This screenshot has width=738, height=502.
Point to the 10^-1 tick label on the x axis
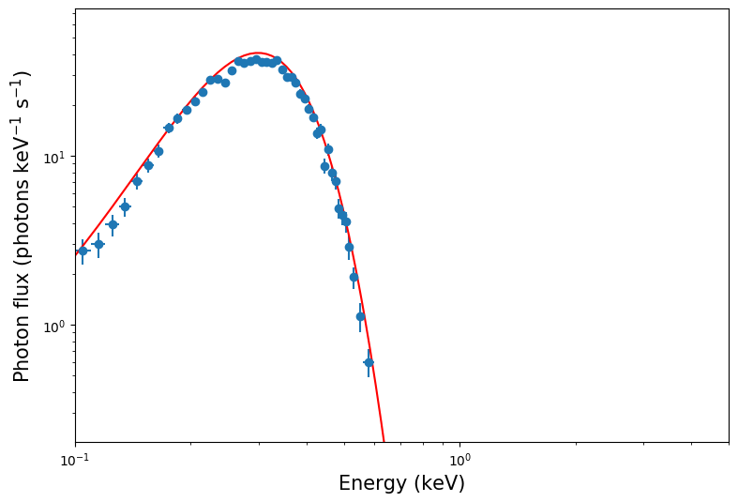click(75, 460)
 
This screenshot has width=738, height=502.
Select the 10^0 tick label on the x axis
click(459, 460)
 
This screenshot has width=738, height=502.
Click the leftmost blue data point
click(83, 251)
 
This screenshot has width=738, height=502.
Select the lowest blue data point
click(369, 362)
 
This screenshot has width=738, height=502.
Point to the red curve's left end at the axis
click(76, 254)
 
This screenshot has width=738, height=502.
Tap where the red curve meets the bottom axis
click(384, 442)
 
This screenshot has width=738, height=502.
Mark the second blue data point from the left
click(98, 244)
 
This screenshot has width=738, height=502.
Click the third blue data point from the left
click(113, 224)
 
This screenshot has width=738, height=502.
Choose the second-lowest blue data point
click(360, 316)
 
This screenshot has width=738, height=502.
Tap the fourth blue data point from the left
click(125, 206)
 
